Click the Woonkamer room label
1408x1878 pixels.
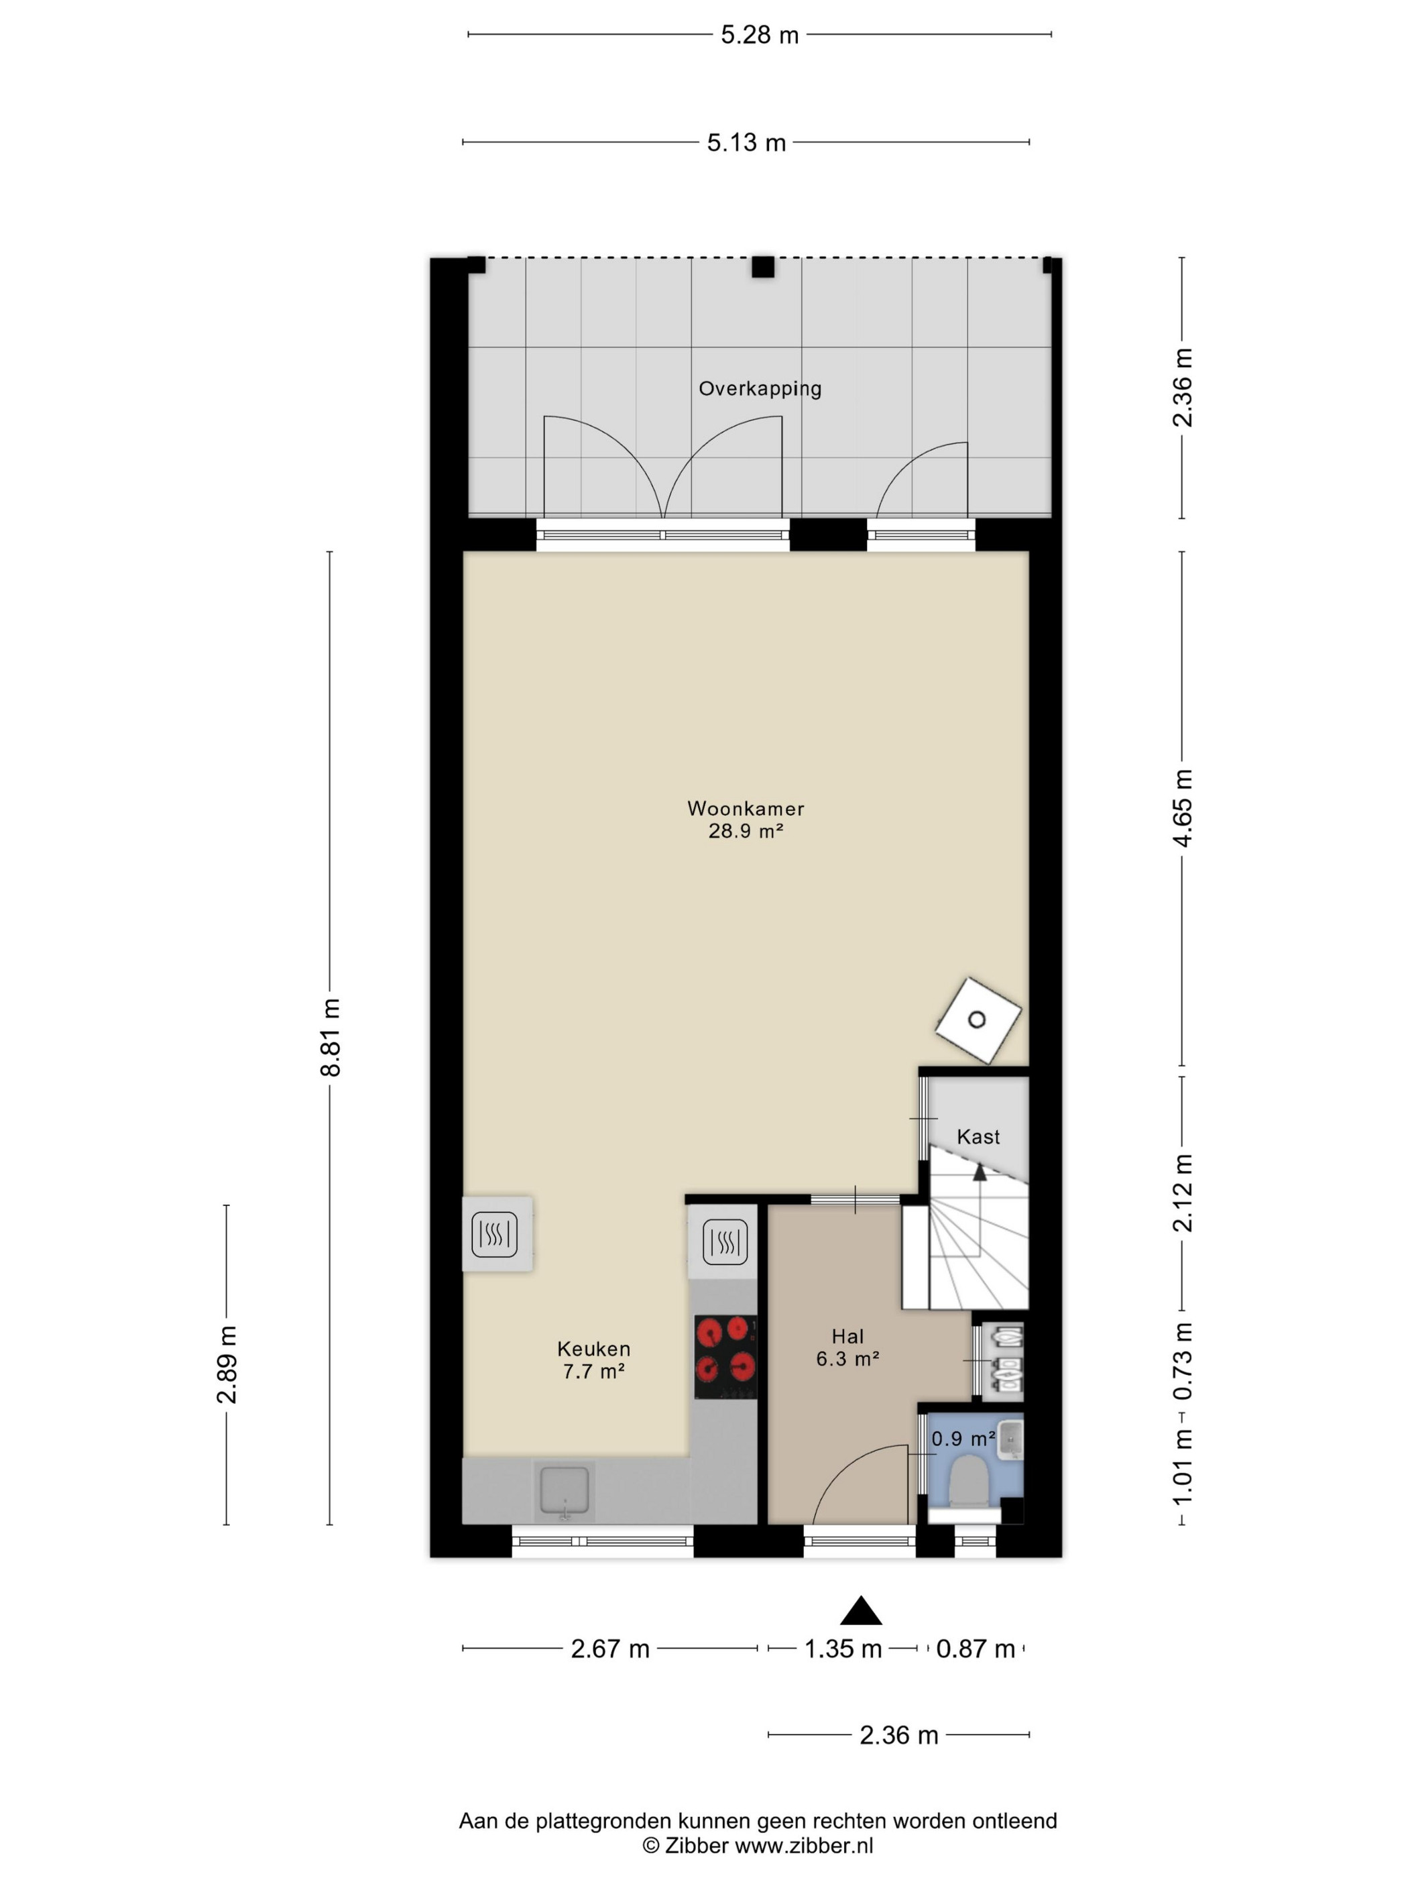745,808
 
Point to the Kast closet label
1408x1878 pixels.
978,1137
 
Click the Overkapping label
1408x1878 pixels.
760,389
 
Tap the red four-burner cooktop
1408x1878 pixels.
725,1357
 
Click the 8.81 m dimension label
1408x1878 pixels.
330,1038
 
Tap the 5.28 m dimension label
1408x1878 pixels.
760,35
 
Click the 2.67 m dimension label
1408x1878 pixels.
609,1649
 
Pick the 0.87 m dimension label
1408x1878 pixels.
975,1649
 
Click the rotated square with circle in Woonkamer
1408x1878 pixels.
978,1019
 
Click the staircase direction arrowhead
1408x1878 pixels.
980,1172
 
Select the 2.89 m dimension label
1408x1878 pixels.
227,1364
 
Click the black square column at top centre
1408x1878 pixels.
763,266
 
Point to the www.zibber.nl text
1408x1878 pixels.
803,1846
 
